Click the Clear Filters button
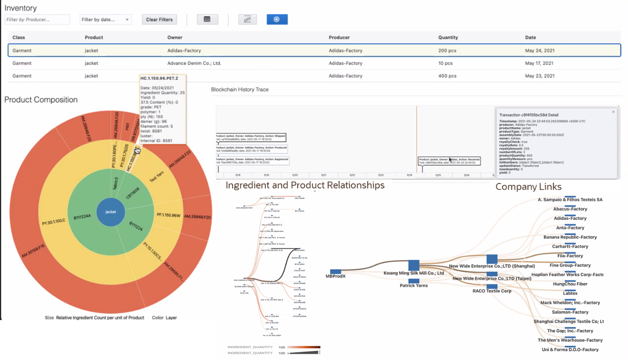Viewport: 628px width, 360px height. [159, 20]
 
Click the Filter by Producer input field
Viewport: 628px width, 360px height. [37, 20]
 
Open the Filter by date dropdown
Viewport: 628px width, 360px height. [105, 20]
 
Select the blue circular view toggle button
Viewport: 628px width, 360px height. [277, 20]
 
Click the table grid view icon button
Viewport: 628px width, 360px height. [207, 20]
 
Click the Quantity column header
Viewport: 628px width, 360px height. [448, 37]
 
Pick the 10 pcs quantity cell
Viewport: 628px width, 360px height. [445, 63]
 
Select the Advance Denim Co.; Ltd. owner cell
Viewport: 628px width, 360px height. [194, 63]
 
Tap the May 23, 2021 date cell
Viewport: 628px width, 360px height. [539, 76]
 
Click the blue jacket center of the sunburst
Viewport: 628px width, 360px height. [111, 212]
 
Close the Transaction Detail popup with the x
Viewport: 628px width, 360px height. [613, 112]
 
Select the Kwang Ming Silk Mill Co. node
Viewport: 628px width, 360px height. [413, 265]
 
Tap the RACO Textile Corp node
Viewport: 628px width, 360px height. [492, 287]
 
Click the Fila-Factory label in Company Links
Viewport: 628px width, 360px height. [570, 256]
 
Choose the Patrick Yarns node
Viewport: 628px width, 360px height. [413, 281]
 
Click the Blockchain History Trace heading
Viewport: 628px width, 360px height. [240, 90]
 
